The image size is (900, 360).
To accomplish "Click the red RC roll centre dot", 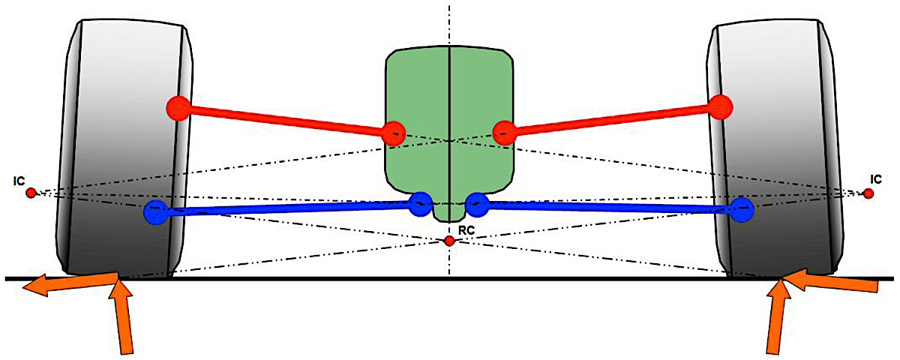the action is (x=449, y=241).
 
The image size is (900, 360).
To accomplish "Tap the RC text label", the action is (x=466, y=230).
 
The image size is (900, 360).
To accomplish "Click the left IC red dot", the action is (x=31, y=193).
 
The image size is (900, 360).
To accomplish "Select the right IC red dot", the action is (x=868, y=194).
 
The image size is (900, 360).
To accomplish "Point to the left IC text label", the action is (x=19, y=181).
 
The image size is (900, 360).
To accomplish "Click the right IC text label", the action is (x=876, y=179).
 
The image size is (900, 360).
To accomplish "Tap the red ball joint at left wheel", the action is (x=178, y=109).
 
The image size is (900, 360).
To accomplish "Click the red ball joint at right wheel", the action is (x=721, y=106).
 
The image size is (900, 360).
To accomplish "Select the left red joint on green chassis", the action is (x=393, y=133).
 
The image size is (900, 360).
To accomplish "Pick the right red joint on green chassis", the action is (x=505, y=133).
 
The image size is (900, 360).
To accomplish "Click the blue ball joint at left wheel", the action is (x=156, y=212).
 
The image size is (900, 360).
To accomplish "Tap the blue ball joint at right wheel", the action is (x=742, y=210).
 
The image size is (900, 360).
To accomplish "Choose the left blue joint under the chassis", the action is (x=421, y=204).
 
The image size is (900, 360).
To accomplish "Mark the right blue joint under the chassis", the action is (x=477, y=205).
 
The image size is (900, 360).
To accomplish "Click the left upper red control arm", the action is (x=286, y=121).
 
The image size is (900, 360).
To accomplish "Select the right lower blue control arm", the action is (x=610, y=207).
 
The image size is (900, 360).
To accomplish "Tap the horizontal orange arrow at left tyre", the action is (x=71, y=284).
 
